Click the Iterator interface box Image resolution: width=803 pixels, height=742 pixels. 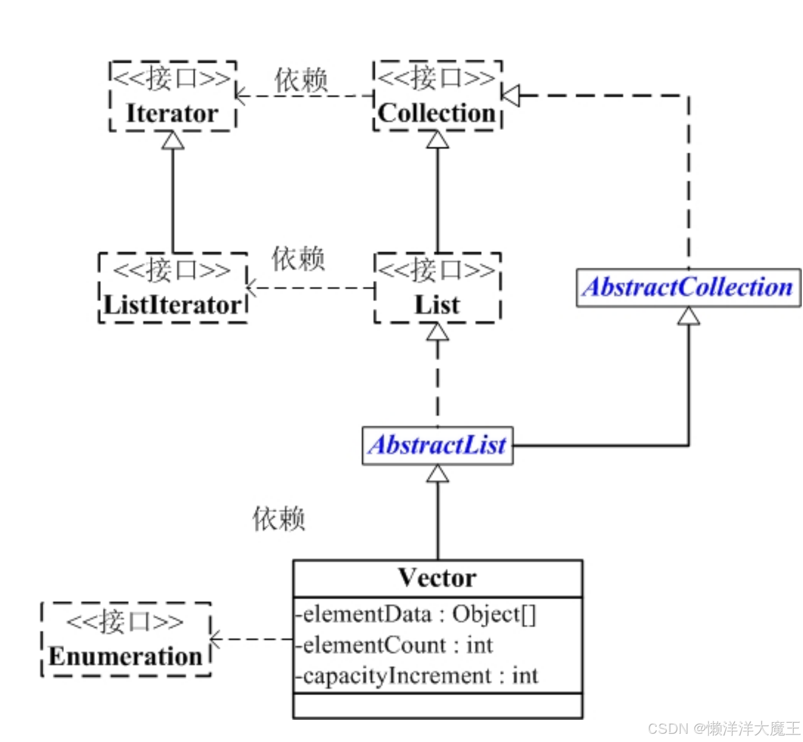tap(173, 96)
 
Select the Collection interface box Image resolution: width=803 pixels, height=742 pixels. tap(437, 96)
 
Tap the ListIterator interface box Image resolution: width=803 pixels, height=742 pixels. tap(173, 288)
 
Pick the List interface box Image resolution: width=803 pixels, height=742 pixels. tap(437, 288)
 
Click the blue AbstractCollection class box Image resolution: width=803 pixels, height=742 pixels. tap(688, 288)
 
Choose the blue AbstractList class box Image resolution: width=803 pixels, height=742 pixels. tap(437, 446)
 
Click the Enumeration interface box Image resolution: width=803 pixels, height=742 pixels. tap(125, 640)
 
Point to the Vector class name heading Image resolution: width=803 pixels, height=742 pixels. tap(437, 579)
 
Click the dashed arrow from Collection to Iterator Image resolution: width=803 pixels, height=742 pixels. tap(305, 96)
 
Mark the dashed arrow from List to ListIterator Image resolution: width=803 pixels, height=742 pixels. tap(311, 288)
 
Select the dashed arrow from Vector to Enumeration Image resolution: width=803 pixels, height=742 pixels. tap(252, 640)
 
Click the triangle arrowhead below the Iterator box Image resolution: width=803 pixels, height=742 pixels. tap(173, 141)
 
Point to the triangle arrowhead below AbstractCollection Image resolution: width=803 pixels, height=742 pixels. tap(689, 316)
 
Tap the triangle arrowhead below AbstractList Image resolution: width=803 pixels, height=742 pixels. tap(437, 474)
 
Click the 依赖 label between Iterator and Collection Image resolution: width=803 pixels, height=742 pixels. tap(301, 80)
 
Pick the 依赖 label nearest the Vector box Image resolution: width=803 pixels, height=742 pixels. tap(279, 519)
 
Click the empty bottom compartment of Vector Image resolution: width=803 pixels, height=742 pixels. tap(437, 706)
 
